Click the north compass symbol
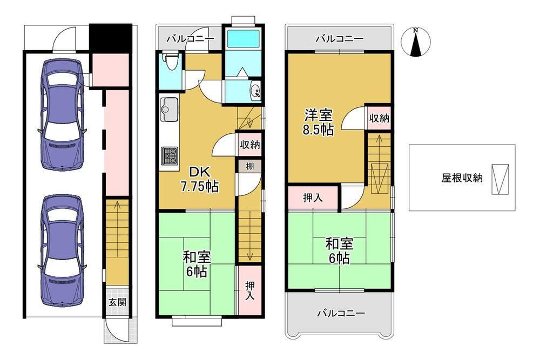[x=416, y=42]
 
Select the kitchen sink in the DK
[x=169, y=109]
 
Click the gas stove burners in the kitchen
[x=170, y=156]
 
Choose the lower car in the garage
[x=62, y=250]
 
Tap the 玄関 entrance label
[x=117, y=303]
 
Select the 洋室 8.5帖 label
[x=318, y=122]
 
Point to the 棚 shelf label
[x=250, y=166]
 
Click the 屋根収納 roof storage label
[x=462, y=178]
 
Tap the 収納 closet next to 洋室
[x=379, y=118]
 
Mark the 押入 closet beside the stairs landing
[x=313, y=198]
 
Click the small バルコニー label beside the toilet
[x=190, y=38]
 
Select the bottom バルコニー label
[x=341, y=314]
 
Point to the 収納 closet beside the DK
[x=250, y=145]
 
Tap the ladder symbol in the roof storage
[x=501, y=179]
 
